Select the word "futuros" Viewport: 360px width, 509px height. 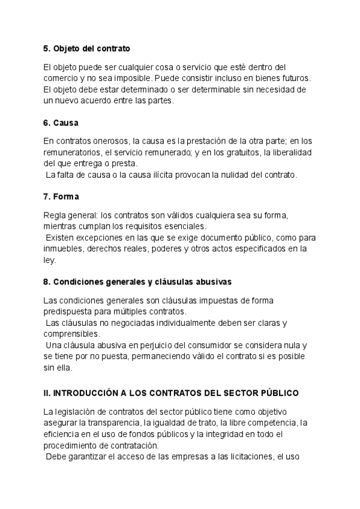click(x=295, y=79)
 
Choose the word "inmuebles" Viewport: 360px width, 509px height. click(x=64, y=248)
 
